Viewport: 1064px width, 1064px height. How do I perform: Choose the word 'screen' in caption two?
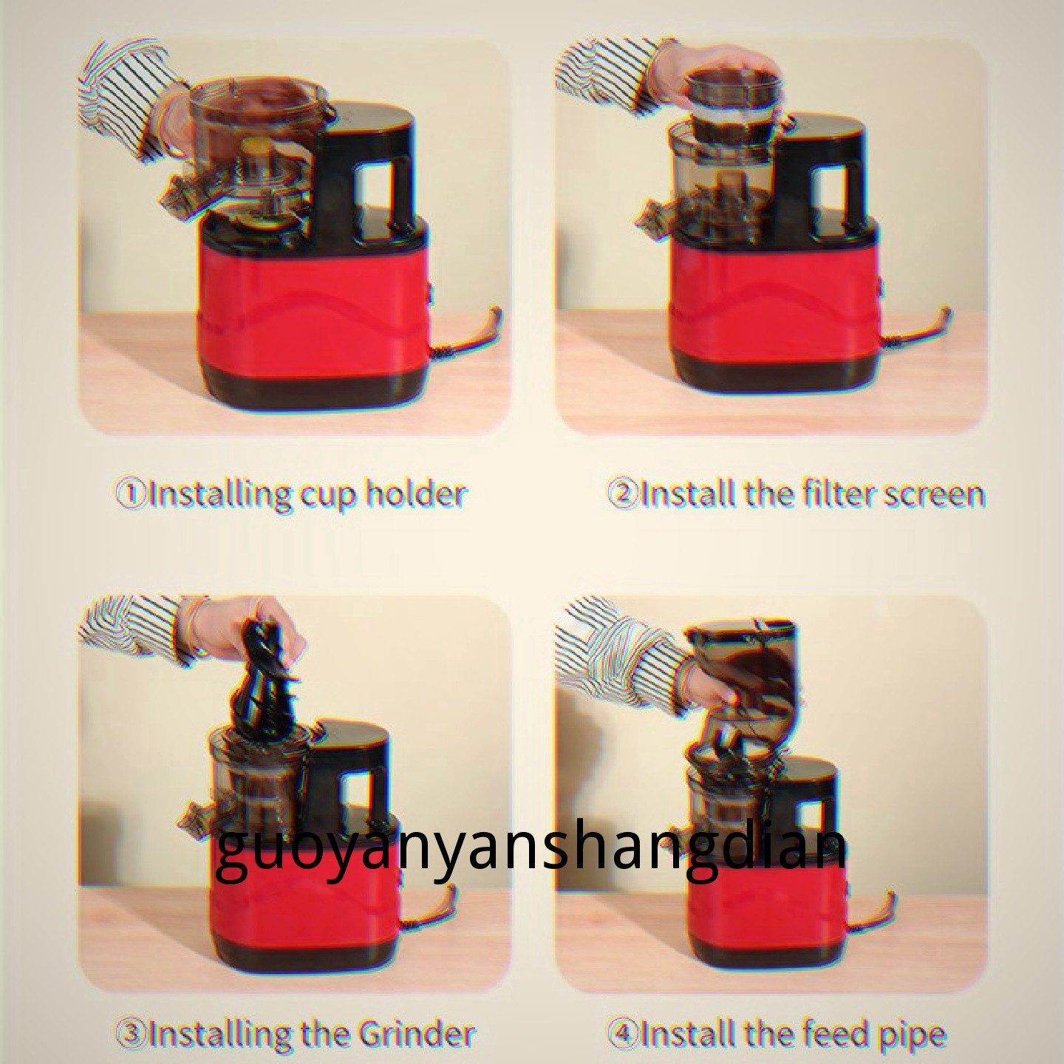(938, 495)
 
